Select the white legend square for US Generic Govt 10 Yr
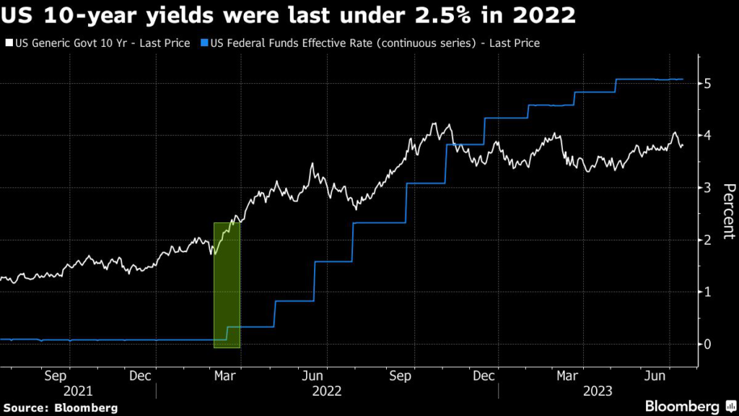(x=9, y=43)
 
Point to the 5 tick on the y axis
(x=709, y=84)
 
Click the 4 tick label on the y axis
(x=709, y=136)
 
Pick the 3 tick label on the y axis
(x=709, y=188)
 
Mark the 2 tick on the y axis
(x=709, y=240)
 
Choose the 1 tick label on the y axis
(x=709, y=292)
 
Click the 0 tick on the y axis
(x=709, y=344)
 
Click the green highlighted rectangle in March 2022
(x=227, y=285)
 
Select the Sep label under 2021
(x=56, y=376)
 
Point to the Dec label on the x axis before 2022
(x=141, y=376)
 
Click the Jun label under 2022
(x=311, y=376)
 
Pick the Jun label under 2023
(x=654, y=376)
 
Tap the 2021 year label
(x=78, y=391)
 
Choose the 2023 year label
(x=597, y=391)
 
